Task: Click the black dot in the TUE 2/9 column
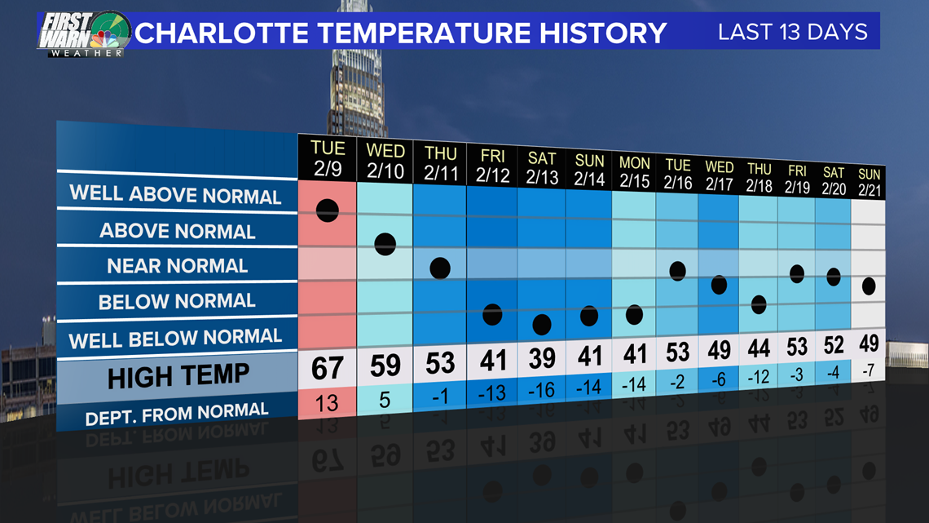328,211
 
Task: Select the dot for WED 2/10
385,244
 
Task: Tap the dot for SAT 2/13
542,325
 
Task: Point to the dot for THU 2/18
759,305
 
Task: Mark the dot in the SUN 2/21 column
869,286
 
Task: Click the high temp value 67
327,368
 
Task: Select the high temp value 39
542,358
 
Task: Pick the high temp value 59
385,366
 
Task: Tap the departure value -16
541,390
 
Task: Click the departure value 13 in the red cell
327,403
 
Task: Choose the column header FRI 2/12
492,166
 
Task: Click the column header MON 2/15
635,172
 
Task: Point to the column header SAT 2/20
834,181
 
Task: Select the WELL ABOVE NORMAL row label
175,194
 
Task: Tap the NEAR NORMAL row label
177,266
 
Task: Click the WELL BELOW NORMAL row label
175,339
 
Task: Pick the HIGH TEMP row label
178,376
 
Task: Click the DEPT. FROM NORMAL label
177,414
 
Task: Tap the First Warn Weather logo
84,34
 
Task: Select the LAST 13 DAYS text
793,32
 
